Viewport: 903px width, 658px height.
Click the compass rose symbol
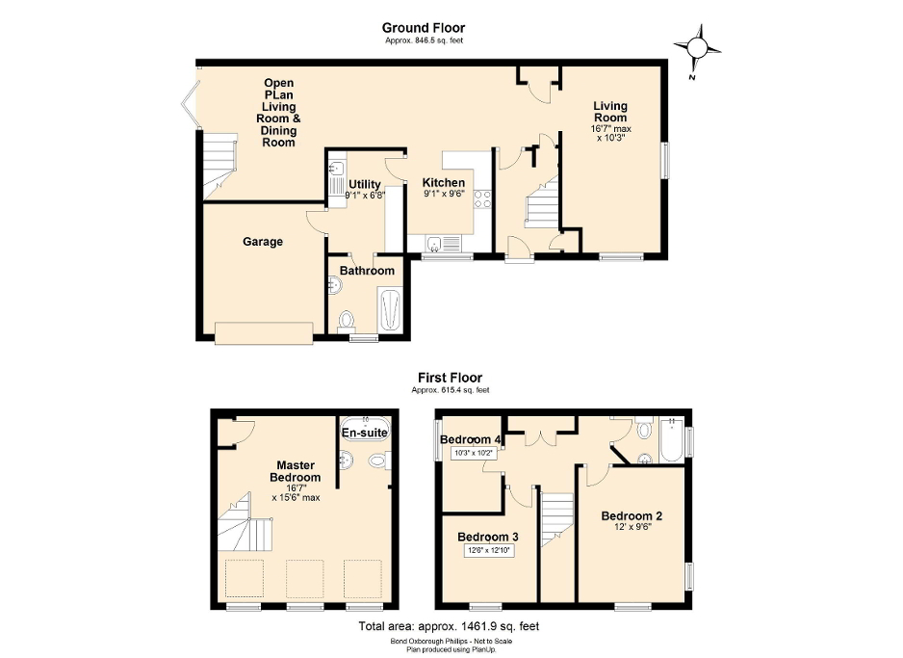(698, 48)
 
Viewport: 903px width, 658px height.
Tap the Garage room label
(262, 242)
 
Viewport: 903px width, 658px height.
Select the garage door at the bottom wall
(264, 332)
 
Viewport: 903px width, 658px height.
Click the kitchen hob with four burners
(483, 200)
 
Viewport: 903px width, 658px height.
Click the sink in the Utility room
(336, 175)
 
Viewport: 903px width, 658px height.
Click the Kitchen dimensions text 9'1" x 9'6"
(443, 193)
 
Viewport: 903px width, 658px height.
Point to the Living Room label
(609, 112)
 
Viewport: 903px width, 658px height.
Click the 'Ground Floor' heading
(422, 28)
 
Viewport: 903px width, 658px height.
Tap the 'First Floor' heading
(450, 378)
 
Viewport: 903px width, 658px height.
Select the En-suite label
(365, 434)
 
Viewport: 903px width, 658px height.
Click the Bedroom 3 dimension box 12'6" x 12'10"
(488, 551)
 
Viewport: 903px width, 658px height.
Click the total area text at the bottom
(449, 626)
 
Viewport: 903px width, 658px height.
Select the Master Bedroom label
(295, 470)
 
